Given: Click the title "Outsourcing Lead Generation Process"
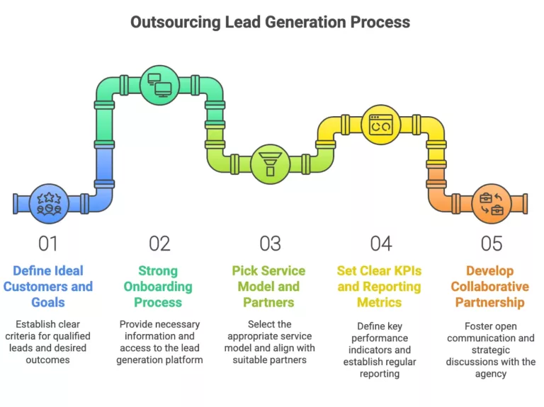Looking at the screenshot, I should pyautogui.click(x=270, y=22).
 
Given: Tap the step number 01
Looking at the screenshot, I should pyautogui.click(x=48, y=243).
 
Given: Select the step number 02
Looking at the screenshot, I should pyautogui.click(x=159, y=243).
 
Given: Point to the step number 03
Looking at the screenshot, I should pyautogui.click(x=270, y=243).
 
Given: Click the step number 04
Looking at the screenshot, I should pyautogui.click(x=380, y=243).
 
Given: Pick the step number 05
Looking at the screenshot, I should pyautogui.click(x=491, y=243).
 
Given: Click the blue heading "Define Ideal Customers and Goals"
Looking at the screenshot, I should pyautogui.click(x=48, y=286).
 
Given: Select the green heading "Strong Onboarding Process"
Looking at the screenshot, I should pyautogui.click(x=158, y=286).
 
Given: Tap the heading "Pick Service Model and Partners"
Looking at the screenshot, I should pyautogui.click(x=268, y=286).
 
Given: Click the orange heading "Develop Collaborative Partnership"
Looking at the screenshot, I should pyautogui.click(x=490, y=286).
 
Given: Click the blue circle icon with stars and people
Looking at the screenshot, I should pyautogui.click(x=50, y=203).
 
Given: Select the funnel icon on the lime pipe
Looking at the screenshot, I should pyautogui.click(x=270, y=164).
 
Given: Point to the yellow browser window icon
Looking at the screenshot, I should pyautogui.click(x=381, y=125).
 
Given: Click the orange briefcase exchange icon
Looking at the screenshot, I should pyautogui.click(x=491, y=203).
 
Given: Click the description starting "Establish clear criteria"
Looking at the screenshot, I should pyautogui.click(x=48, y=342).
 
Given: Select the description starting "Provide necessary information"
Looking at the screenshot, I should pyautogui.click(x=159, y=342).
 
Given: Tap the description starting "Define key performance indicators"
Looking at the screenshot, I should pyautogui.click(x=379, y=350).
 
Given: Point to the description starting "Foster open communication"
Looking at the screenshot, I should pyautogui.click(x=490, y=350).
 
